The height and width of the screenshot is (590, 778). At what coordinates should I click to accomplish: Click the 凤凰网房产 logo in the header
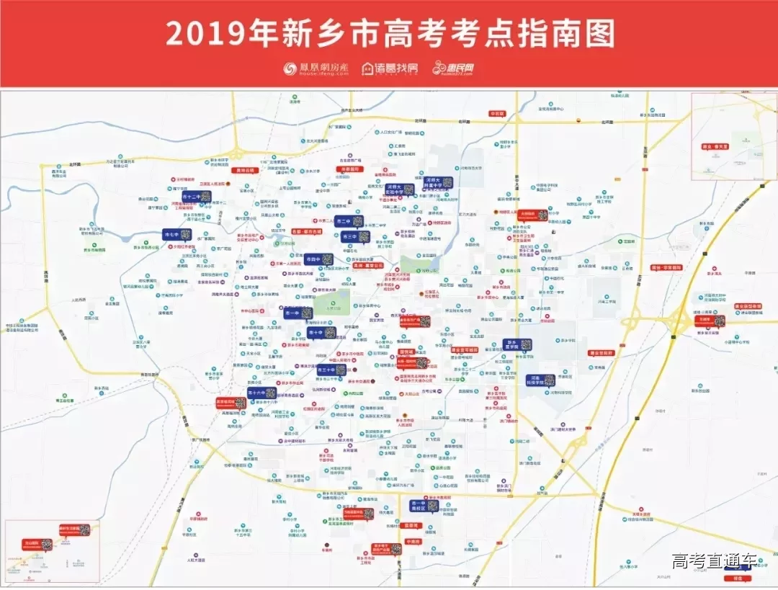(315, 68)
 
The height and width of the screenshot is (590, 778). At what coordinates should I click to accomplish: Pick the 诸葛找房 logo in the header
(389, 68)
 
